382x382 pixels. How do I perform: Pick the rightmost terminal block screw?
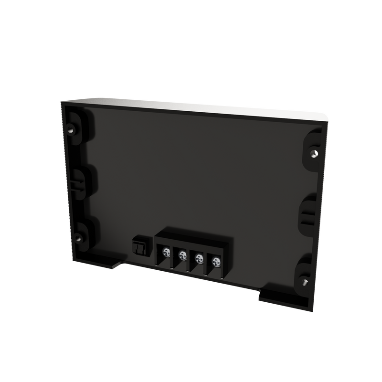(x=216, y=261)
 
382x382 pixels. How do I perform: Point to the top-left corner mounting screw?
(x=71, y=130)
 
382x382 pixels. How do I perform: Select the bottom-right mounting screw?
(x=305, y=282)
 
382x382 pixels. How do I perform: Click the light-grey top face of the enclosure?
(x=191, y=108)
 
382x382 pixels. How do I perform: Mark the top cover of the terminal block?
(x=193, y=239)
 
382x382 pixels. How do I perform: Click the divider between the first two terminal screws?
(x=174, y=255)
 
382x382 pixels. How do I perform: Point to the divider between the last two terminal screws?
(x=208, y=261)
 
